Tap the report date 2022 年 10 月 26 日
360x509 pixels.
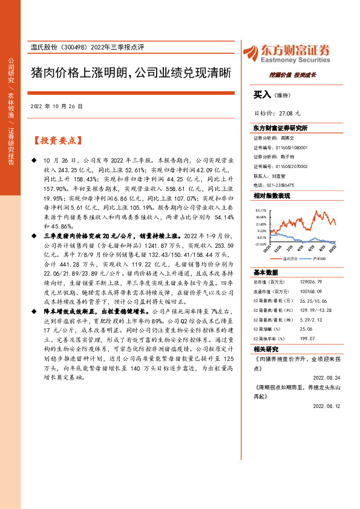coord(56,106)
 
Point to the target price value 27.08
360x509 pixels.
coord(282,113)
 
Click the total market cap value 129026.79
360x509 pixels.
coord(304,282)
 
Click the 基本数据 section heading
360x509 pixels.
coord(265,272)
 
